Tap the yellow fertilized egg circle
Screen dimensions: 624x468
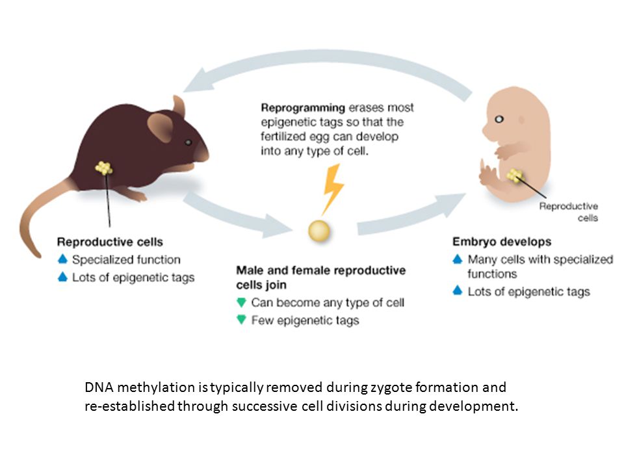(319, 231)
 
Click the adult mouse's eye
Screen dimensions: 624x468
(188, 142)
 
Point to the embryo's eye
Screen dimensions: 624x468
(499, 119)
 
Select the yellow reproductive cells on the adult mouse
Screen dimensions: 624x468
(104, 168)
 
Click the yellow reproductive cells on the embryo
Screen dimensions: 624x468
(515, 175)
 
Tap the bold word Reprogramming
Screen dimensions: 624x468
(303, 108)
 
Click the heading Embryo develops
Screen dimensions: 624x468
(502, 242)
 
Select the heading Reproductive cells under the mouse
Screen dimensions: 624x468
(110, 242)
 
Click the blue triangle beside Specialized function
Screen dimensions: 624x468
(63, 259)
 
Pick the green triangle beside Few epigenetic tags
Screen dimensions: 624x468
(241, 319)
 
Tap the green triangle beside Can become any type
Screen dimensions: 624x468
(241, 302)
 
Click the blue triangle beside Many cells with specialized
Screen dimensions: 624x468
(458, 259)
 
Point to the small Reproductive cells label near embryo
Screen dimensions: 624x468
(568, 212)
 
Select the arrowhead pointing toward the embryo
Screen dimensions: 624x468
(452, 203)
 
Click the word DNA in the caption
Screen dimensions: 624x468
(99, 387)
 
